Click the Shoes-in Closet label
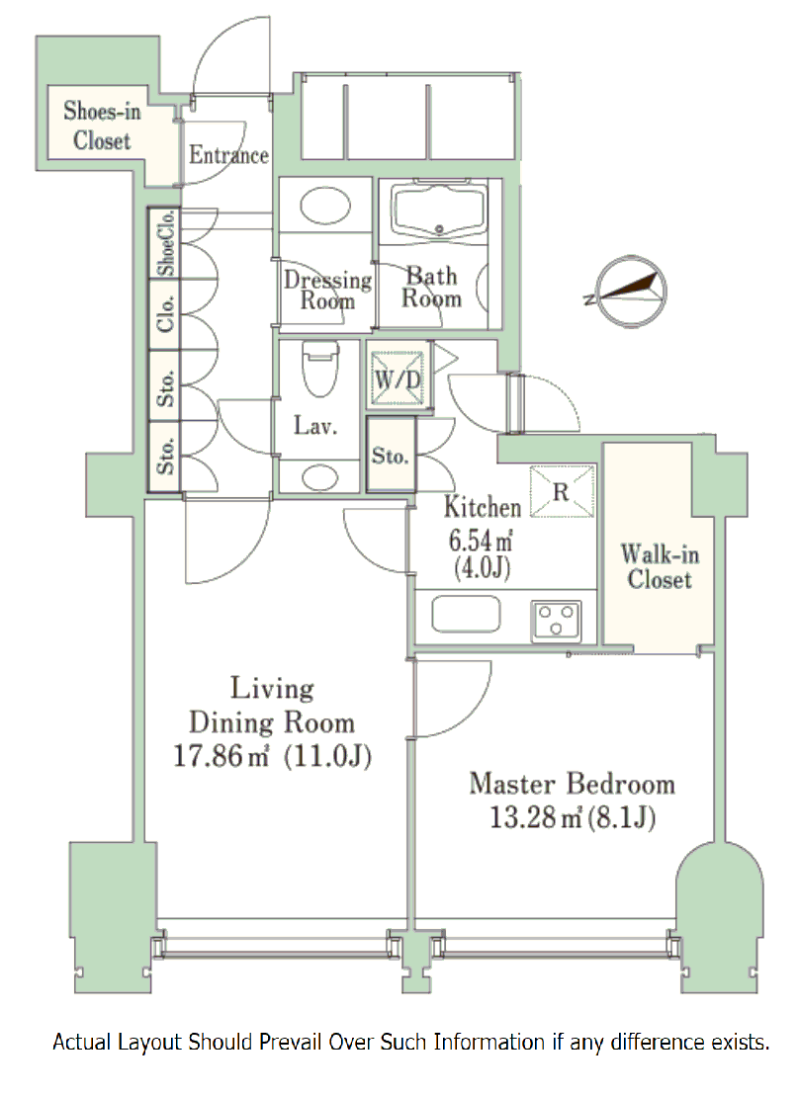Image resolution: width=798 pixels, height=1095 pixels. click(102, 126)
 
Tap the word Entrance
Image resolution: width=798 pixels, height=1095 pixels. click(228, 155)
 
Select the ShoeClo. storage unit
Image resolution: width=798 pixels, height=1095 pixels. click(164, 243)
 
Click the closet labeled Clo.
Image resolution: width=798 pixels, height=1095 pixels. click(164, 315)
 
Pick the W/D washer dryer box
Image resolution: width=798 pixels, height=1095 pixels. click(399, 376)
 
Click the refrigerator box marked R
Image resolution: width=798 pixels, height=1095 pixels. click(561, 492)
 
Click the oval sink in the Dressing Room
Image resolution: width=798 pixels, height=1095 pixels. click(323, 209)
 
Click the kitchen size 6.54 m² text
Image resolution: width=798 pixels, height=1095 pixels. click(482, 541)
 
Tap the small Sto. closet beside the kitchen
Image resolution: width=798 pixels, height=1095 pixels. click(391, 457)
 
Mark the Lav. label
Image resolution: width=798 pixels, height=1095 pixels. click(316, 427)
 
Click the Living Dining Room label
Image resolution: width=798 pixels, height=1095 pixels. click(271, 704)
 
